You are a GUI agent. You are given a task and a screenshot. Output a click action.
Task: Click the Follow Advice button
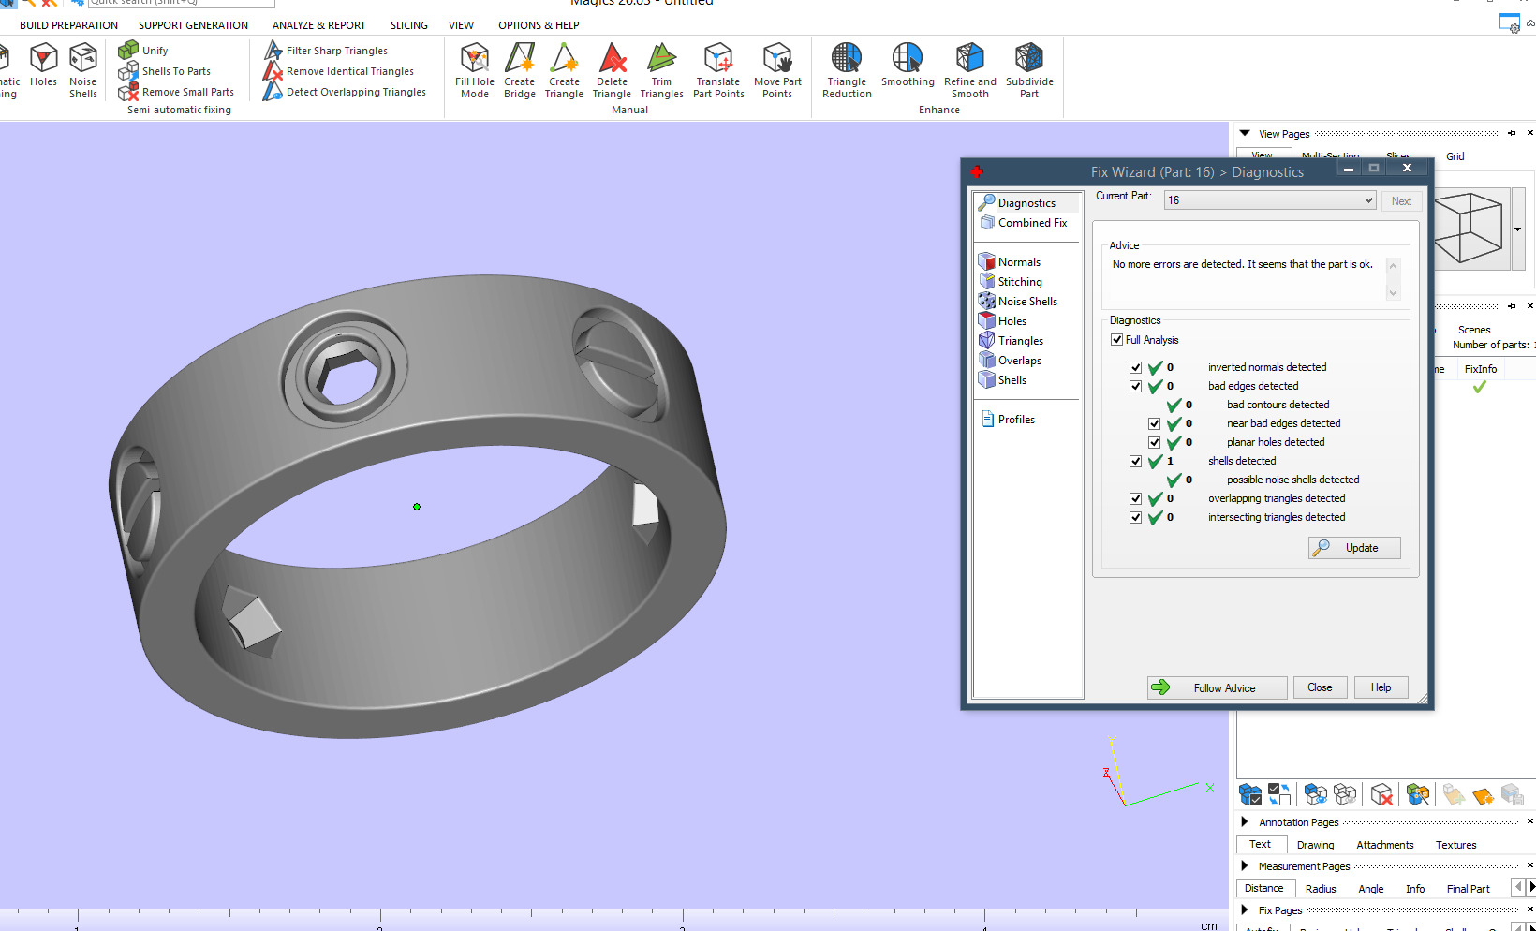point(1217,687)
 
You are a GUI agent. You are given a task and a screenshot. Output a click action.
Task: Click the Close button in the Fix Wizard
point(1319,687)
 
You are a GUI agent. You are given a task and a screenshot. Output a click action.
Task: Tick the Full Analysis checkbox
point(1116,340)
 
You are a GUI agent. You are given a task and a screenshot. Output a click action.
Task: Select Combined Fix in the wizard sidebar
point(1031,223)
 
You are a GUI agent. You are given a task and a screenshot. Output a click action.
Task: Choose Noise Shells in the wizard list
point(1026,302)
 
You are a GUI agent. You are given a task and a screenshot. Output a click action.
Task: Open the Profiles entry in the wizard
point(1015,420)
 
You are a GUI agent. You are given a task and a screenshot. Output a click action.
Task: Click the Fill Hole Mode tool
point(475,70)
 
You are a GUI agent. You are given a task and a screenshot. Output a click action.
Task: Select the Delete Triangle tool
point(612,70)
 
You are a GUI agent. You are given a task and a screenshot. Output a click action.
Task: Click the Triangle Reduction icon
point(847,70)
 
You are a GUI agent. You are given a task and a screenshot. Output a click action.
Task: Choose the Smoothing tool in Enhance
point(907,66)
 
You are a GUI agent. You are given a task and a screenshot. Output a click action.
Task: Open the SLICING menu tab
point(408,25)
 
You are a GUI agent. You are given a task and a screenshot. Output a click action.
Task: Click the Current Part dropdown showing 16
point(1269,200)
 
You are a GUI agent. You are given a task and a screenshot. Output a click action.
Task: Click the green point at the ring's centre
point(417,507)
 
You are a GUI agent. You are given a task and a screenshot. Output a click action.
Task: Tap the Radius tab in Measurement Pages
point(1321,889)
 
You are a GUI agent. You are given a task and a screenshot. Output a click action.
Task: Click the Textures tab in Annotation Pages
point(1455,845)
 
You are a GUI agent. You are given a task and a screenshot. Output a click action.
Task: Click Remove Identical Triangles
point(348,71)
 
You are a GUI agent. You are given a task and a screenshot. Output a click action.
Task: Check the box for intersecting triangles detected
point(1135,517)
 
